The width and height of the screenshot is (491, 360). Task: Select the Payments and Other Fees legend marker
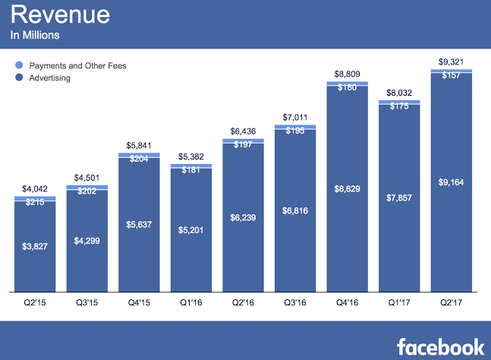[19, 66]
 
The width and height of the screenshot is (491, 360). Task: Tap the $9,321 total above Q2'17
[452, 62]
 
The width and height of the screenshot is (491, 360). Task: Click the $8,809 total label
[348, 74]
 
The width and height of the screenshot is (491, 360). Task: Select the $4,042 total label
[35, 189]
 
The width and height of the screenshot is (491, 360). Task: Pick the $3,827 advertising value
[35, 247]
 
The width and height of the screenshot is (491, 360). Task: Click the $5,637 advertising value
[139, 224]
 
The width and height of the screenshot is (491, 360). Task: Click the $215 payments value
[35, 202]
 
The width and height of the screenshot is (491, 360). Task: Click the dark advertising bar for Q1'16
[191, 243]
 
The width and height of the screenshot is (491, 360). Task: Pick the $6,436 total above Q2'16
[243, 131]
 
